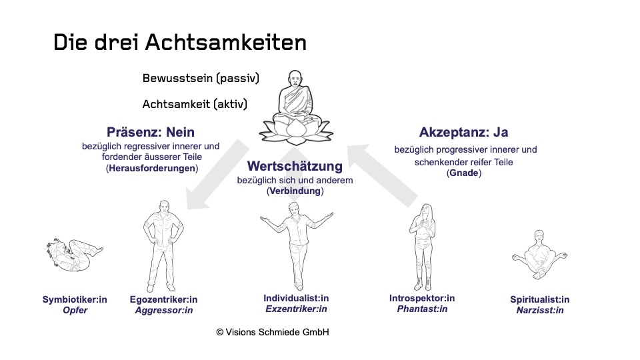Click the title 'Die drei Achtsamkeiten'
(x=180, y=43)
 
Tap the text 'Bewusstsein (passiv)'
(x=201, y=78)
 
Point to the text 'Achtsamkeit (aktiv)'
(x=195, y=105)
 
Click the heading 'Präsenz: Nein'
(x=151, y=132)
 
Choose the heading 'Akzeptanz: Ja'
(x=464, y=132)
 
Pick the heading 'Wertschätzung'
(x=295, y=166)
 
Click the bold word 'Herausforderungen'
(x=152, y=169)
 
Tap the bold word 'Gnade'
(x=465, y=173)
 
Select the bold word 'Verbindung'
(x=295, y=191)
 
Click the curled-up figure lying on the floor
(x=72, y=257)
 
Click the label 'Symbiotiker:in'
(x=75, y=299)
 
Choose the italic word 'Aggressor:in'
(x=163, y=311)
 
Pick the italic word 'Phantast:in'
(x=422, y=309)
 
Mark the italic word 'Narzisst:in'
(x=539, y=311)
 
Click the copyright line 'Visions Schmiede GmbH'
(x=272, y=332)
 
